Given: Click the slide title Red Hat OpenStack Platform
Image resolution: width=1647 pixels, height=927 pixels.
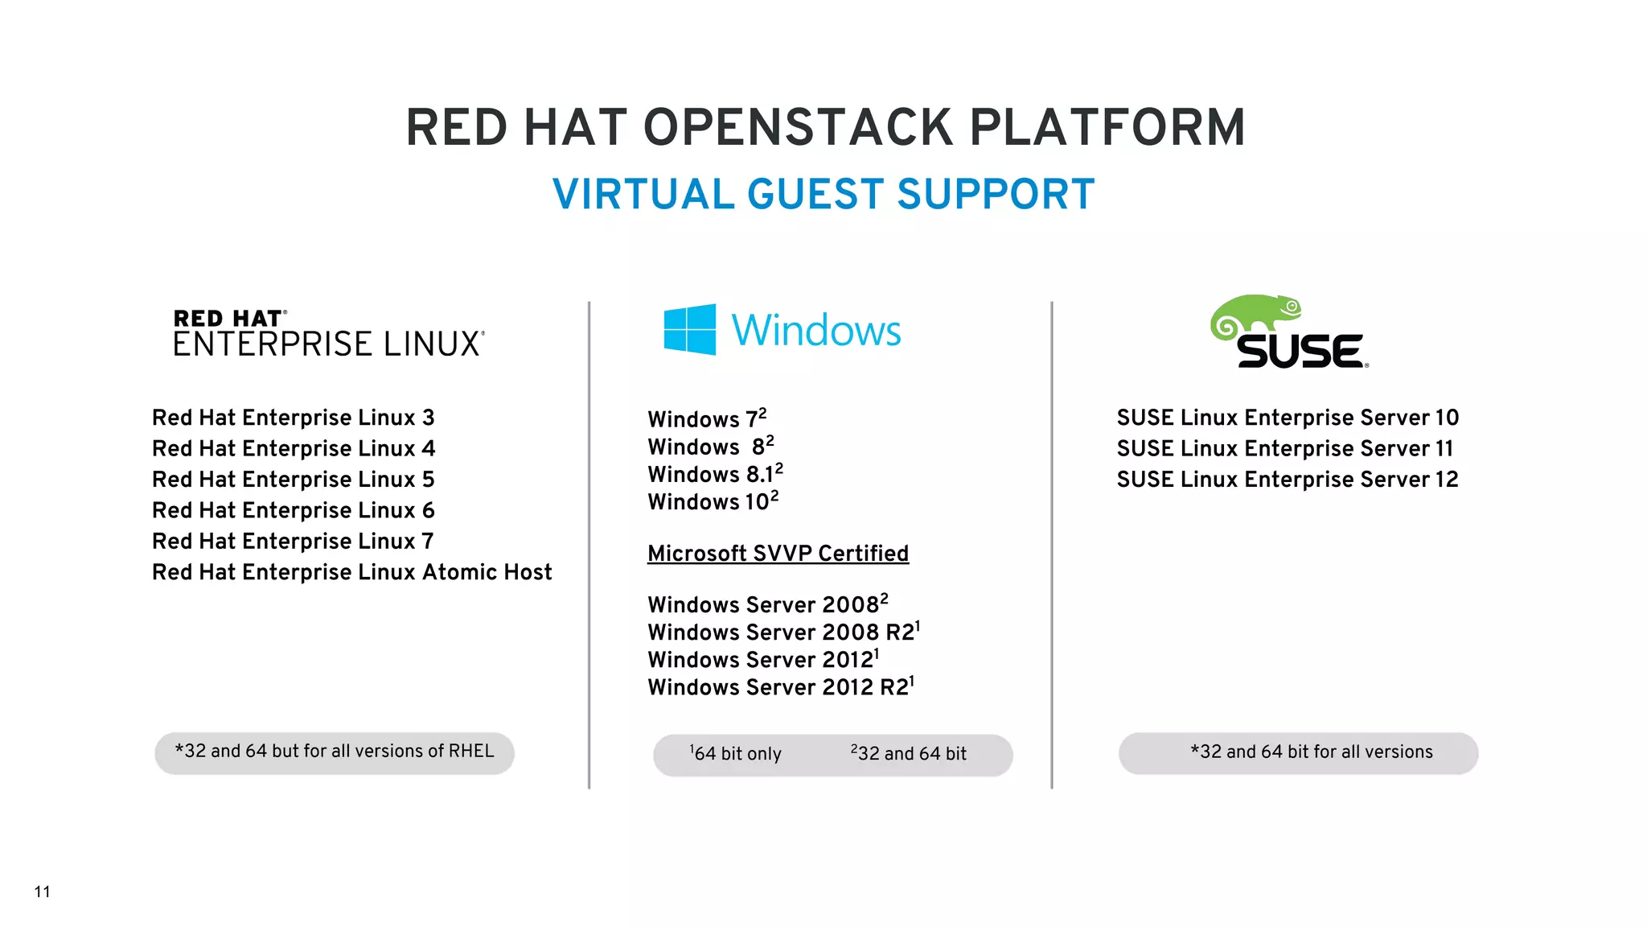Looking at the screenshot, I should coord(825,128).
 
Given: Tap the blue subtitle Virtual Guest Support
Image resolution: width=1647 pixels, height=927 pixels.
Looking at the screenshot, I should coord(823,195).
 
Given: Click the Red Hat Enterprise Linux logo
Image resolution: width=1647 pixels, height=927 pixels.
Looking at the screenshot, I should coord(329,333).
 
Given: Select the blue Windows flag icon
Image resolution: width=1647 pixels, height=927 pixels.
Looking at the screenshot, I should coord(689,329).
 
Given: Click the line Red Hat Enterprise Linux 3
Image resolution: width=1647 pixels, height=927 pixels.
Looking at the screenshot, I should coord(294,418).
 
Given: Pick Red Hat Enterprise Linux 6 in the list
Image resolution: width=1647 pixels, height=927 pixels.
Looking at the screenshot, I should coord(294,510).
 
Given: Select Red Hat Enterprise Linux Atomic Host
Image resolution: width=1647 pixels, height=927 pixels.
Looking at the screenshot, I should coord(352,572).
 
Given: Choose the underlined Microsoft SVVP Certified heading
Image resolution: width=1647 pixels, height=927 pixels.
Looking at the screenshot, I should coord(778,554).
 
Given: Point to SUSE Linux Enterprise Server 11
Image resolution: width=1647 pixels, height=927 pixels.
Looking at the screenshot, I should coord(1285,448).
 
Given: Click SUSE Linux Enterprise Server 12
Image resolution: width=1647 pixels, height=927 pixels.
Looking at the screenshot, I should coord(1287,480).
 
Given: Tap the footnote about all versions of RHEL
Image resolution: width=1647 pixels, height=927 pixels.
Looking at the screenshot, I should coord(335,752).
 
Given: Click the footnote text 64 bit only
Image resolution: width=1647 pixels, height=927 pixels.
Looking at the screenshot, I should coord(737,754).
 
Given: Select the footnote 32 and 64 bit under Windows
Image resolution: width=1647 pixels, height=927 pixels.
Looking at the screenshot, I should coord(910,754).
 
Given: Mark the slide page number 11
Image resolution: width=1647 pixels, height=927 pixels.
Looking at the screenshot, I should coord(43,892).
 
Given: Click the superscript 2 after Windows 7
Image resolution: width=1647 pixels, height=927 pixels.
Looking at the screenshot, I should coord(762,413).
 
